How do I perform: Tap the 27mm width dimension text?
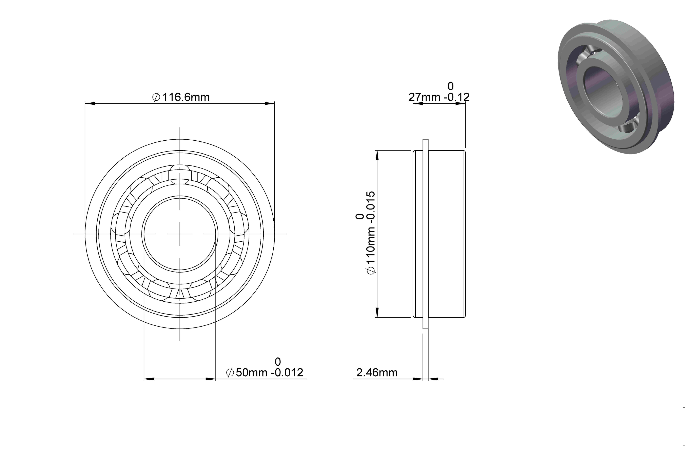click(424, 97)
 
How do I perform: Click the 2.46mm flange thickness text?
click(377, 373)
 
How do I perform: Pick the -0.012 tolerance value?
click(287, 373)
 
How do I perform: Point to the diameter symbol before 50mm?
click(230, 373)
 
